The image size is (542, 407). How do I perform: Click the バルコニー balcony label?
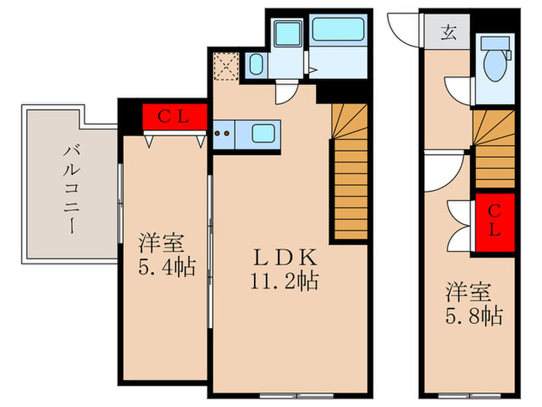[x=72, y=190]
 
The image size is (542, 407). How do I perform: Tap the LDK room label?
[x=285, y=258]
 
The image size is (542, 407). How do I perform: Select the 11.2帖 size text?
[x=284, y=281]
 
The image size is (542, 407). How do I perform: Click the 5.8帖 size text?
[x=474, y=316]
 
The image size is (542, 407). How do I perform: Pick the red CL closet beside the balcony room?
[x=174, y=117]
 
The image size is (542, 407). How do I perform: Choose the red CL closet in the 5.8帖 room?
[x=495, y=222]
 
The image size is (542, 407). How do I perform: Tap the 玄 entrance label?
[x=448, y=33]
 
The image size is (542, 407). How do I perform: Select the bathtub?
[x=338, y=29]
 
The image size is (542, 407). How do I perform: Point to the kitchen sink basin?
[x=263, y=133]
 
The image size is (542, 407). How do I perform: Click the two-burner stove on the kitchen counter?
[x=222, y=133]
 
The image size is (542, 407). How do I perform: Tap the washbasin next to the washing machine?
[x=256, y=64]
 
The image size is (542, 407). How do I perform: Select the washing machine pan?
[x=287, y=33]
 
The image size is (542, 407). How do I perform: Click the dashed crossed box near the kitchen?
[x=226, y=66]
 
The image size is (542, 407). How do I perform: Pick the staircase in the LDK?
[x=349, y=171]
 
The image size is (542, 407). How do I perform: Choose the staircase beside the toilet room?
[x=495, y=150]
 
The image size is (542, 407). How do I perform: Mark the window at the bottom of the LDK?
[x=297, y=395]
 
